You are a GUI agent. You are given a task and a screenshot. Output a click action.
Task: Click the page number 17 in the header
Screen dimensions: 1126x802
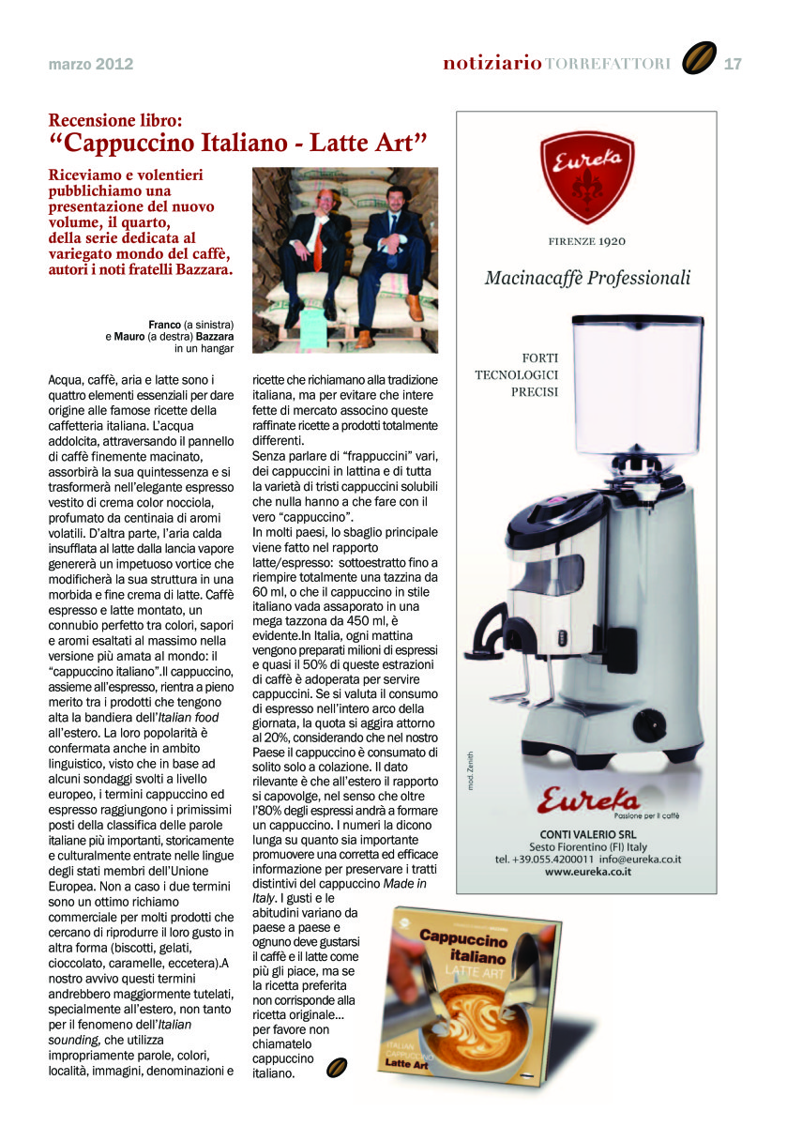coord(733,64)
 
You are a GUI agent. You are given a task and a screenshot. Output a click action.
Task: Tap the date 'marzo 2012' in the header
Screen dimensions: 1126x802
coord(91,65)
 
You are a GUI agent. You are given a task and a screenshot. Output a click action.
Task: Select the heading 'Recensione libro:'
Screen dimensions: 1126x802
coord(115,121)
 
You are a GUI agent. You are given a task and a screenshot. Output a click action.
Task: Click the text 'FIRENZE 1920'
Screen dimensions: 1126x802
coord(587,241)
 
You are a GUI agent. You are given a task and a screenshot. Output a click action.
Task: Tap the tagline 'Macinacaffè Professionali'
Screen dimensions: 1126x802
coord(587,278)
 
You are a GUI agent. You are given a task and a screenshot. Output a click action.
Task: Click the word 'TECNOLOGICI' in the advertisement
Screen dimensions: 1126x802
coord(518,374)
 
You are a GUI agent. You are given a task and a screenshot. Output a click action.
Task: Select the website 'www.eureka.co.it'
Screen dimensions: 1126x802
coord(587,871)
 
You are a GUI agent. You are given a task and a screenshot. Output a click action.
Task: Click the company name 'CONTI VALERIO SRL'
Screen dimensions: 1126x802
coord(587,834)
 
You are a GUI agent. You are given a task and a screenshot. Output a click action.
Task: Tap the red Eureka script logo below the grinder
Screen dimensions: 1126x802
coord(588,799)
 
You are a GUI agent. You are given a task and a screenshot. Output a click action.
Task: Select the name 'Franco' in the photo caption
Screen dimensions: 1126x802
coord(164,324)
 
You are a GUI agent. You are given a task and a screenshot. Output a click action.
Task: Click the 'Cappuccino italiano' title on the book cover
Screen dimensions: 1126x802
coord(462,949)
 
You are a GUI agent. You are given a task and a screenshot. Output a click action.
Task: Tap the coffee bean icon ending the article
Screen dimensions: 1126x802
coord(338,1068)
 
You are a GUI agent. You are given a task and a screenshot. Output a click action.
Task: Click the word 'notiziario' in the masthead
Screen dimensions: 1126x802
coord(492,64)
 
